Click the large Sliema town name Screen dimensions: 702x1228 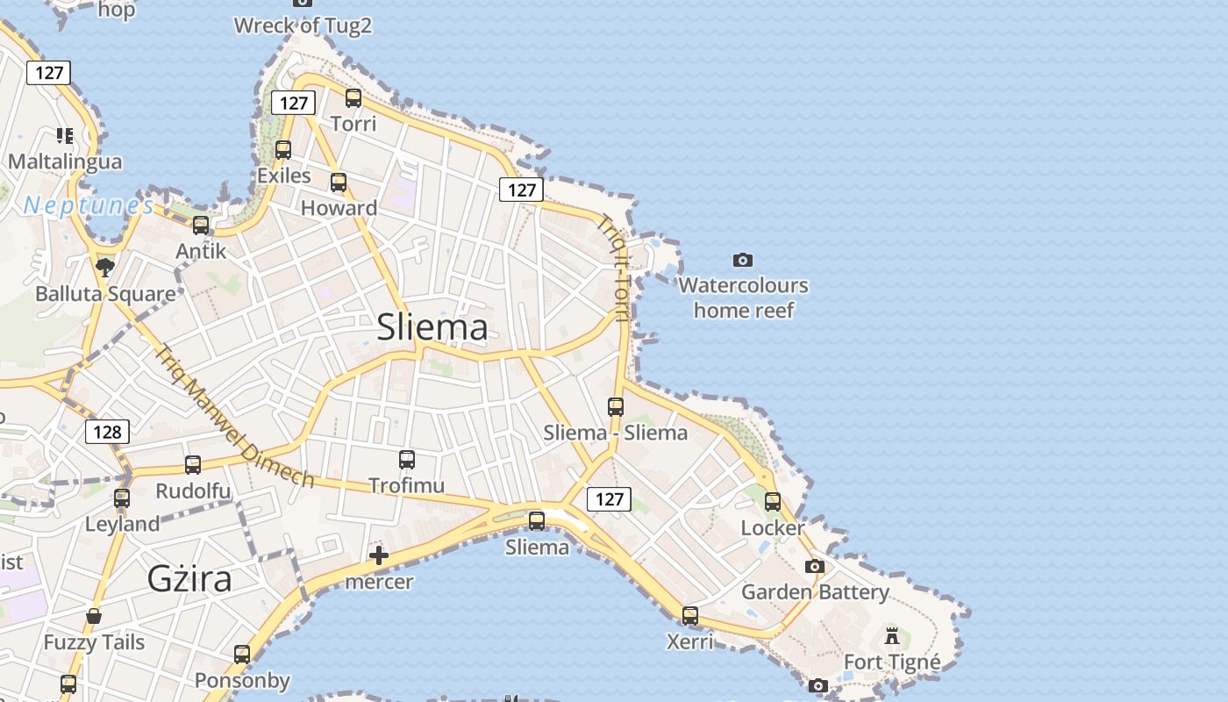(432, 327)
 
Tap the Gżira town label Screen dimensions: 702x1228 (189, 579)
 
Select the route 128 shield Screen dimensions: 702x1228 (107, 432)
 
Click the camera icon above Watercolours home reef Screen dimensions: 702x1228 (743, 260)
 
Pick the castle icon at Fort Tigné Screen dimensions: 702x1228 (892, 636)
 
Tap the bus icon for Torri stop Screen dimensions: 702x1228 (353, 98)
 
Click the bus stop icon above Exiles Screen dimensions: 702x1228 (283, 150)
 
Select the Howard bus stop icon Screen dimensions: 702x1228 (339, 183)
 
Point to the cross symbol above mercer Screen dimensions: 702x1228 (379, 555)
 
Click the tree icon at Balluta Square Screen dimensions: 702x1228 (105, 267)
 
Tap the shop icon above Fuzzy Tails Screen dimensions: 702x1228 (94, 616)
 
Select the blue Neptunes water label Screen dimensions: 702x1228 (89, 206)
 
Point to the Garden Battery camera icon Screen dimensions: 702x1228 (815, 567)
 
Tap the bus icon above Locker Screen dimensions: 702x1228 (773, 502)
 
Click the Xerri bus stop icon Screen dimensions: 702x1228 (690, 616)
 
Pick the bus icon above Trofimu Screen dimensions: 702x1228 (407, 459)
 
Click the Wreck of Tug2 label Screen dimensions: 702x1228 (303, 25)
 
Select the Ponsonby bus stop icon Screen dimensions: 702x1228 (242, 655)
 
